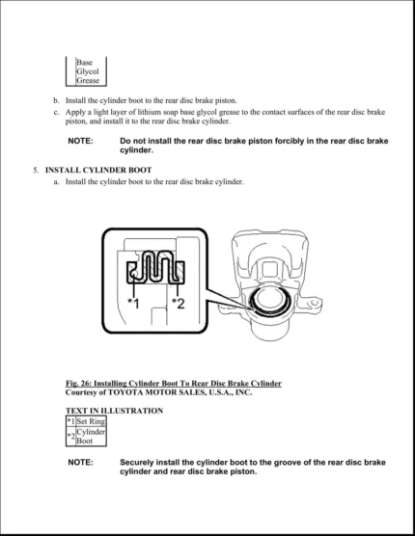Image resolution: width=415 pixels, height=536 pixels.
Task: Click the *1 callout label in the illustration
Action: pos(133,304)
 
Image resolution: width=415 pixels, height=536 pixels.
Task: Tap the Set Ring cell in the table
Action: pos(91,420)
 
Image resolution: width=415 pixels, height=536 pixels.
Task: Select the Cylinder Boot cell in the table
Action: pos(91,436)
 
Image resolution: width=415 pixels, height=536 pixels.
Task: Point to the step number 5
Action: pos(36,170)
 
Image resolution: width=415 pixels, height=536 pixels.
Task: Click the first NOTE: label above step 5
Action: pos(80,141)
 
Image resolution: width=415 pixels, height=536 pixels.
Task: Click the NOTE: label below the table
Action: pos(80,463)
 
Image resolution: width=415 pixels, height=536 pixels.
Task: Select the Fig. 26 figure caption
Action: pos(173,384)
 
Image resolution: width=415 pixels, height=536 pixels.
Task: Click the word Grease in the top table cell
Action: pos(88,81)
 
